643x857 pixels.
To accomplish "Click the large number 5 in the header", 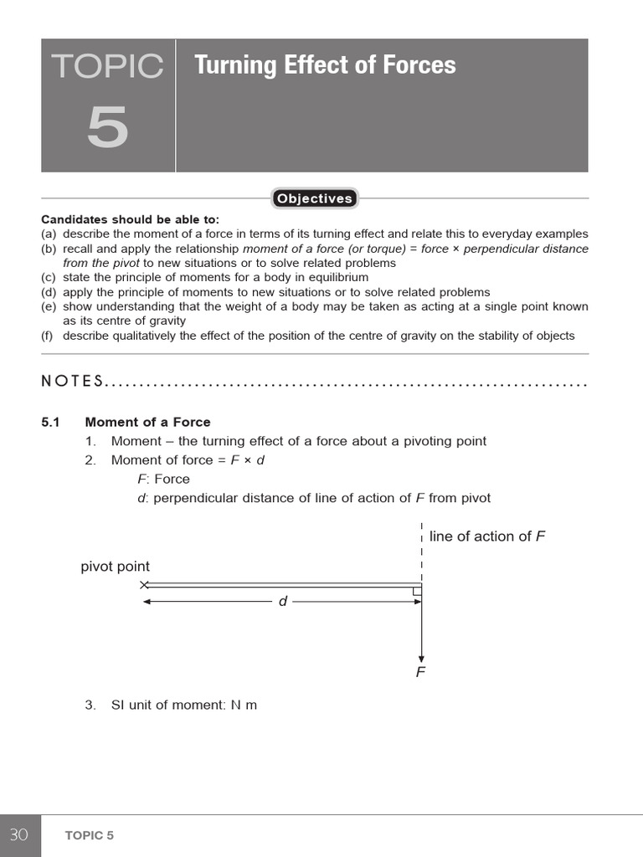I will tap(107, 128).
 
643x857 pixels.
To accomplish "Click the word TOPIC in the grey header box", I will tap(107, 66).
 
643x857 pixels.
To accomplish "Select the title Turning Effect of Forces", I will tap(325, 65).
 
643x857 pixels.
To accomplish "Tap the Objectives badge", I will tap(315, 198).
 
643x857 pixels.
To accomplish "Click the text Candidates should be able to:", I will tap(130, 219).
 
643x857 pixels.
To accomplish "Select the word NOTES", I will tap(72, 382).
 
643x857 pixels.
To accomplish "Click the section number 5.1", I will tap(51, 422).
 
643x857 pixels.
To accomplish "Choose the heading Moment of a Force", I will tap(147, 422).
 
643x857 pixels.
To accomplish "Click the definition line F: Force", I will tap(163, 479).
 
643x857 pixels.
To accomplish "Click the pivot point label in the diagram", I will tap(115, 567).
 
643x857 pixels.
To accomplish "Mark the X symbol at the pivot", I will tap(144, 585).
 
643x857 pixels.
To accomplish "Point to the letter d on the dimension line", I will tap(283, 601).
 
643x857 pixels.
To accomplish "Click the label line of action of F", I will tap(486, 536).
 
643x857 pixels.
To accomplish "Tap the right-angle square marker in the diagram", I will tap(417, 591).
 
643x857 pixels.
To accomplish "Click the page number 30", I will tap(19, 834).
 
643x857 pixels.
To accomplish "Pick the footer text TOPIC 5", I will tap(89, 835).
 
